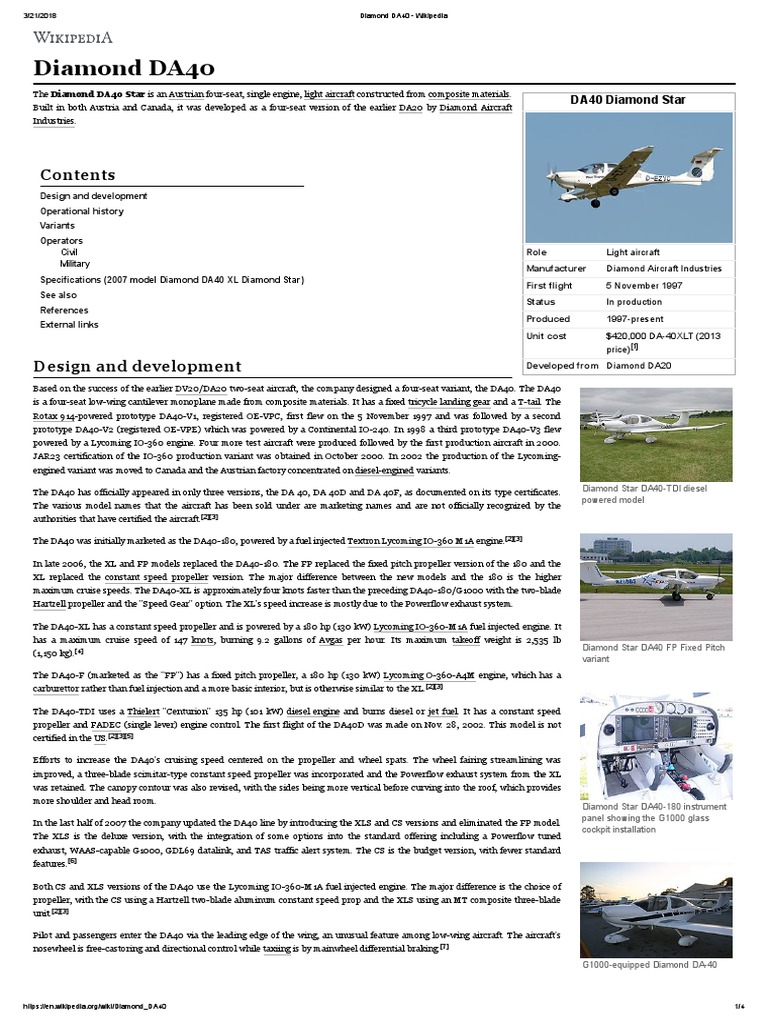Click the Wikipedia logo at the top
coord(74,38)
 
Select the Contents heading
coord(77,174)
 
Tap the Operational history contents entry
coord(82,211)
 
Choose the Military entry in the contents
coord(75,264)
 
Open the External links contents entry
coord(69,324)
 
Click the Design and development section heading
coord(137,366)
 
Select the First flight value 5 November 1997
coord(647,285)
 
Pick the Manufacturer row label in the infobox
coord(555,268)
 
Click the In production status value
coord(633,302)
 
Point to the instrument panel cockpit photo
coord(648,745)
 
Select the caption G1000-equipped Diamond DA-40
coord(648,964)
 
